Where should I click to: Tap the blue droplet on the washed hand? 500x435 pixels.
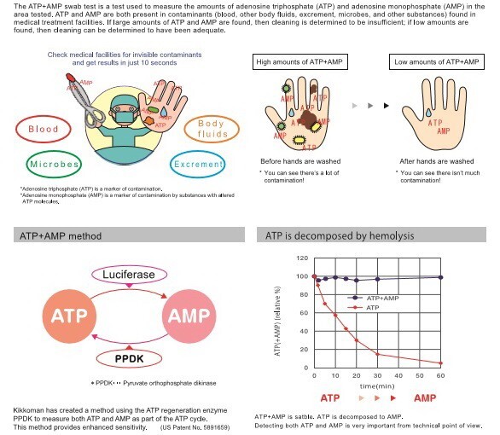tap(428, 113)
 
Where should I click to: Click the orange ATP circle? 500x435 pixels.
tap(69, 316)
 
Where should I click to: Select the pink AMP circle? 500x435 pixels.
tap(189, 316)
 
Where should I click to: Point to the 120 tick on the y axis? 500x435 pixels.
tap(302, 258)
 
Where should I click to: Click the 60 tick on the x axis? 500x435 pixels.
tap(440, 376)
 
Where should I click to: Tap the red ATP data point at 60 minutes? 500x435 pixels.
tap(440, 363)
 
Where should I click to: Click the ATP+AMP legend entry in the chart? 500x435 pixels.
tap(373, 298)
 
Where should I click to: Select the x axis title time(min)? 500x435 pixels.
tap(377, 386)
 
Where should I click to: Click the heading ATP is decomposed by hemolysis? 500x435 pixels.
tap(340, 235)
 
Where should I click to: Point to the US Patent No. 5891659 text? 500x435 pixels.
tap(195, 427)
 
